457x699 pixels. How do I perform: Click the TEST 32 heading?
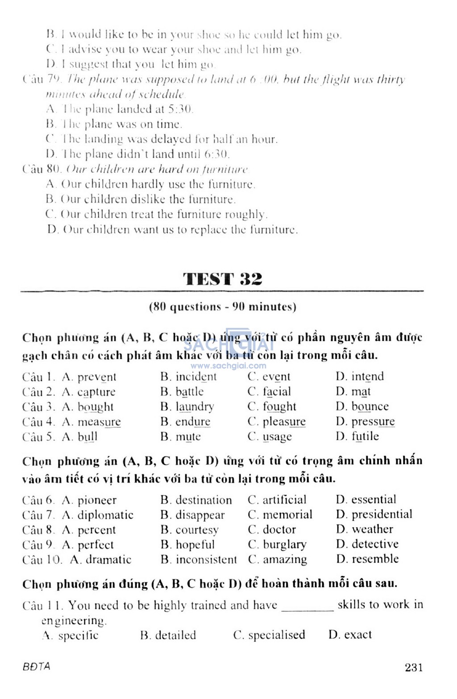222,279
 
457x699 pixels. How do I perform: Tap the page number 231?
414,667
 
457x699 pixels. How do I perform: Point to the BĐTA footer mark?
37,666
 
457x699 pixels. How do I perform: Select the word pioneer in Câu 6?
97,500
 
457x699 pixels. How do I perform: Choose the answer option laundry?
195,407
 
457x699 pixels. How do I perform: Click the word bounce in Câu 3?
370,406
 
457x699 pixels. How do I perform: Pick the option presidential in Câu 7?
382,514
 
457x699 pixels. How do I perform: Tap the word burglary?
284,545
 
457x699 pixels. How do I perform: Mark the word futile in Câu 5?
365,436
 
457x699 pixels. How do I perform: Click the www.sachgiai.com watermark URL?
228,366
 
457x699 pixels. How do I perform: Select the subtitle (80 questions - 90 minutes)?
222,307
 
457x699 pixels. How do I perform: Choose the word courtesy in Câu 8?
197,530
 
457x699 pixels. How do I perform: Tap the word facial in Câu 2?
276,392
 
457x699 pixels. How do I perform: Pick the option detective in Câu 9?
375,544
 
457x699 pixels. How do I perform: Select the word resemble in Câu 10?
375,559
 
